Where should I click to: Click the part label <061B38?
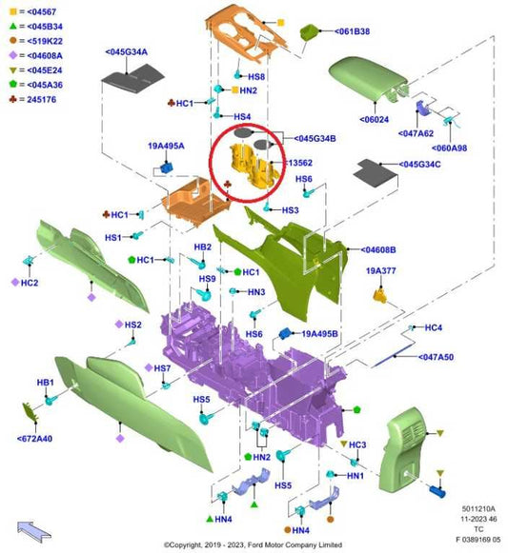click(352, 31)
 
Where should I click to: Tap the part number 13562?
click(300, 163)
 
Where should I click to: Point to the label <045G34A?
click(126, 52)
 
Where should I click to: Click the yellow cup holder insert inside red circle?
click(254, 167)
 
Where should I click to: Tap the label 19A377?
click(381, 271)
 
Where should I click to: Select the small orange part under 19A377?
click(380, 296)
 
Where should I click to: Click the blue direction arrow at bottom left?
click(34, 531)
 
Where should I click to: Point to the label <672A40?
click(34, 439)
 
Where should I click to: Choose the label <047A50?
click(436, 357)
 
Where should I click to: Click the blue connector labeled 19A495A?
click(167, 168)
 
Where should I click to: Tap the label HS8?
click(256, 77)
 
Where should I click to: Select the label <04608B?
click(378, 250)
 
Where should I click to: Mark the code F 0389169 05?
click(478, 540)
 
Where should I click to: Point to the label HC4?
click(433, 327)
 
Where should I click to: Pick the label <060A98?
click(449, 148)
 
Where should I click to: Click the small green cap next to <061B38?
click(310, 31)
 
